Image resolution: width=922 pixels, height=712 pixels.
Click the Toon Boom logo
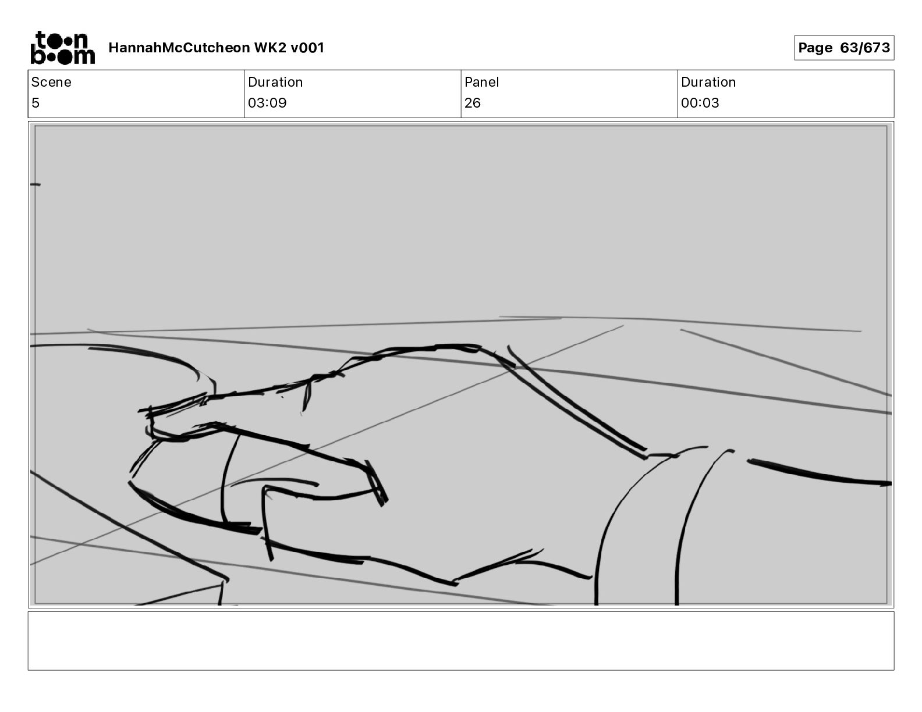pos(63,48)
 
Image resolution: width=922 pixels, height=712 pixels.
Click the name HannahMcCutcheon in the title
pos(179,48)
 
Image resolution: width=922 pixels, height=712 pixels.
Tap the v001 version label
pos(307,48)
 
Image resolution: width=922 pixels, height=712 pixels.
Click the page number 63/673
pos(865,48)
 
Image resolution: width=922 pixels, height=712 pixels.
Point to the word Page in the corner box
pos(815,48)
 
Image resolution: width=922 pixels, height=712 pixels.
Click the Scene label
pos(51,82)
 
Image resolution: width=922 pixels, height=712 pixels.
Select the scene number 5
pos(36,102)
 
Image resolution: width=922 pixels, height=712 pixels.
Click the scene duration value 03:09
pos(267,102)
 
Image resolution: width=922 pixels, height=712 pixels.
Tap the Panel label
pos(481,82)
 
